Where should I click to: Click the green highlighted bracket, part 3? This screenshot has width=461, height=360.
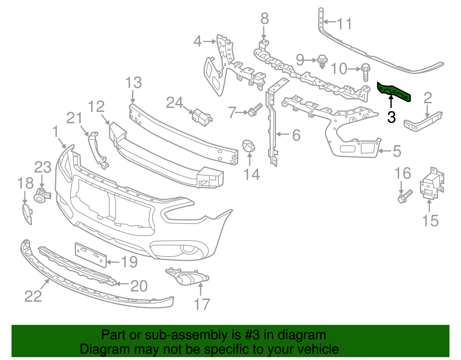[394, 92]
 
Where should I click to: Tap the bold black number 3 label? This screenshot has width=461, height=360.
[391, 117]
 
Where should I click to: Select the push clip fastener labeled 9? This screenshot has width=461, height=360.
[322, 61]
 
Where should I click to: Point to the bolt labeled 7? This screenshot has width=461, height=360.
[255, 110]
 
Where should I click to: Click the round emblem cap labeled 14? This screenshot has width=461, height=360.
[248, 146]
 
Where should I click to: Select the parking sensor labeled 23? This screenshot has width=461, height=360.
[41, 196]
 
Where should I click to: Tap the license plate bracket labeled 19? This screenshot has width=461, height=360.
[90, 255]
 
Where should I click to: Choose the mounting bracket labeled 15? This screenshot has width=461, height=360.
[432, 184]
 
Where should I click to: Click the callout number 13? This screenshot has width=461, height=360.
[134, 83]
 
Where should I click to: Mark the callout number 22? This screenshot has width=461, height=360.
[33, 296]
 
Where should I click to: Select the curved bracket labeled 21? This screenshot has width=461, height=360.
[97, 150]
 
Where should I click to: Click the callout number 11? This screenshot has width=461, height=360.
[345, 24]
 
